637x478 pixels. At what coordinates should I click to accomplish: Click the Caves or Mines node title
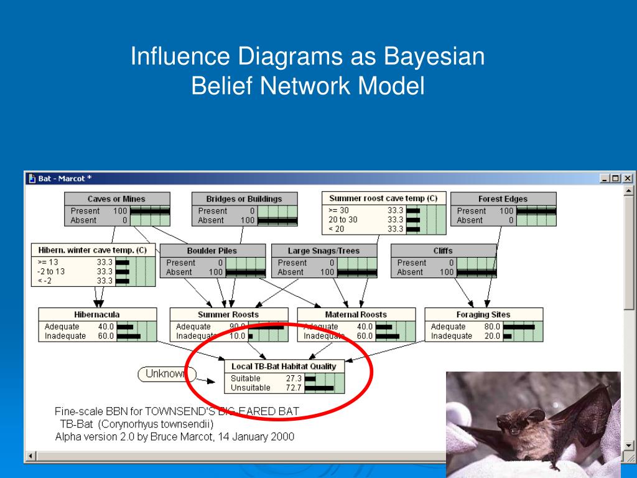[116, 199]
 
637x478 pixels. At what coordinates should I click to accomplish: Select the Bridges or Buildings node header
[244, 199]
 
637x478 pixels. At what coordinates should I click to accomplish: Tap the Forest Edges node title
[503, 199]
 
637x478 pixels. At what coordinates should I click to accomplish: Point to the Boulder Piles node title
[212, 251]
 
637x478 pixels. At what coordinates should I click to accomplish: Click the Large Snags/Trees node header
[323, 251]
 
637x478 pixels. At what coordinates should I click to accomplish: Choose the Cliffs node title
[443, 251]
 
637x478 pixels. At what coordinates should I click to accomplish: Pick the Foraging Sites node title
[483, 314]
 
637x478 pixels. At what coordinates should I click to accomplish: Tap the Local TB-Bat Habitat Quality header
[284, 367]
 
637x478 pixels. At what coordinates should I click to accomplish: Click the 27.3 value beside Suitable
[294, 378]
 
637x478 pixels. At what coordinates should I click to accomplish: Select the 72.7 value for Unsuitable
[294, 388]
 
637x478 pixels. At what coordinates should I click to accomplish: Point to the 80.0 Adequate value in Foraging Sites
[492, 327]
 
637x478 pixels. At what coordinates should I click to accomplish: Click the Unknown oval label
[165, 374]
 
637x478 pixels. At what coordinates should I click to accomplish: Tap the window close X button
[627, 179]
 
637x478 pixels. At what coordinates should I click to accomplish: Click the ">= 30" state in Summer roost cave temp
[338, 210]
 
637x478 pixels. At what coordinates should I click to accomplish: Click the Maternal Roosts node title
[355, 314]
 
